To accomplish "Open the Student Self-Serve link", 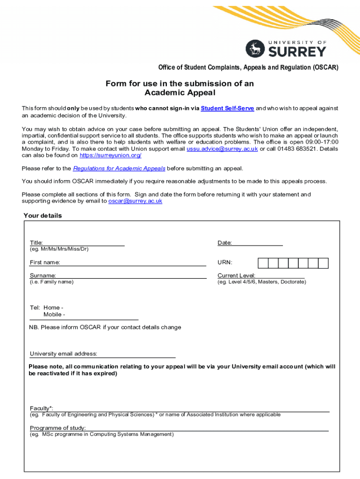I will click(x=227, y=108).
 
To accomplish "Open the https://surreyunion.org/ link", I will click(x=110, y=155).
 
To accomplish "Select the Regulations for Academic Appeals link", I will click(x=119, y=168).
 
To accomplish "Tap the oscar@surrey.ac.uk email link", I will click(x=135, y=201).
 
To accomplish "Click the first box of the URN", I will click(x=263, y=263).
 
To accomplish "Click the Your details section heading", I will click(x=43, y=216).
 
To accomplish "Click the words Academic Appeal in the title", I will click(x=180, y=93).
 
